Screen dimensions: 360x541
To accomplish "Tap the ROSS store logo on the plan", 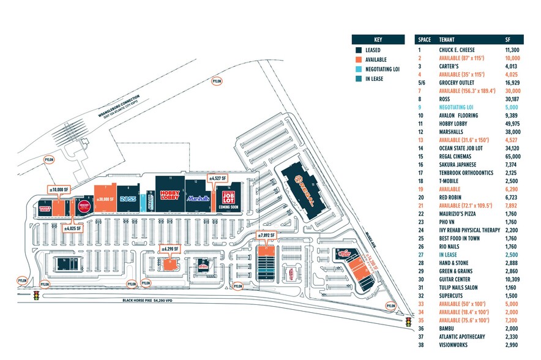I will [x=127, y=199].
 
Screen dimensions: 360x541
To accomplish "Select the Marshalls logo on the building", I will [x=198, y=198].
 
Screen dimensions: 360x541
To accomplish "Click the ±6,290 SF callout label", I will [x=170, y=249].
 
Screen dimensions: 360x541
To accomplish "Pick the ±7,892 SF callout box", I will [x=267, y=235].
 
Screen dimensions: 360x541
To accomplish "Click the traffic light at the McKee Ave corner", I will [x=408, y=321].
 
